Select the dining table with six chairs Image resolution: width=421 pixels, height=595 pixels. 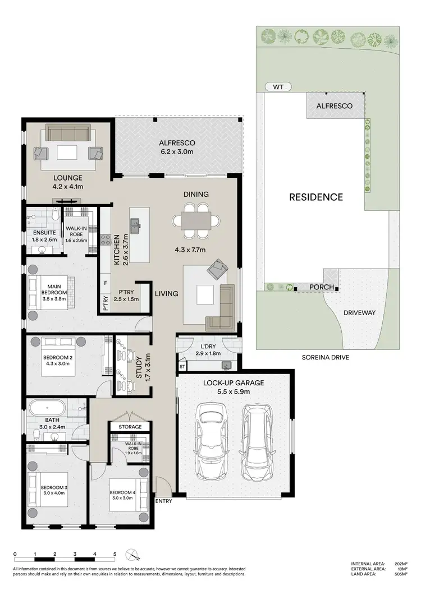pyautogui.click(x=196, y=219)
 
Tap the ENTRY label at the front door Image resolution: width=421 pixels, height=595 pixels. pyautogui.click(x=164, y=501)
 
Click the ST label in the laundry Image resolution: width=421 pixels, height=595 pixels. pyautogui.click(x=182, y=367)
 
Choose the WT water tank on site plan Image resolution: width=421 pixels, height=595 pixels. pyautogui.click(x=277, y=87)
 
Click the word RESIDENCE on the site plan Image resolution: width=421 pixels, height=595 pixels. pyautogui.click(x=316, y=197)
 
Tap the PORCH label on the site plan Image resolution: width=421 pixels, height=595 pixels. pyautogui.click(x=322, y=287)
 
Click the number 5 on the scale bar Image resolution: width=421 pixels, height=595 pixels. pyautogui.click(x=115, y=554)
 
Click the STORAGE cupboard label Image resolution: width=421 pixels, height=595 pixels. pyautogui.click(x=130, y=427)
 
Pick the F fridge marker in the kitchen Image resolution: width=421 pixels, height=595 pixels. pyautogui.click(x=105, y=284)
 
